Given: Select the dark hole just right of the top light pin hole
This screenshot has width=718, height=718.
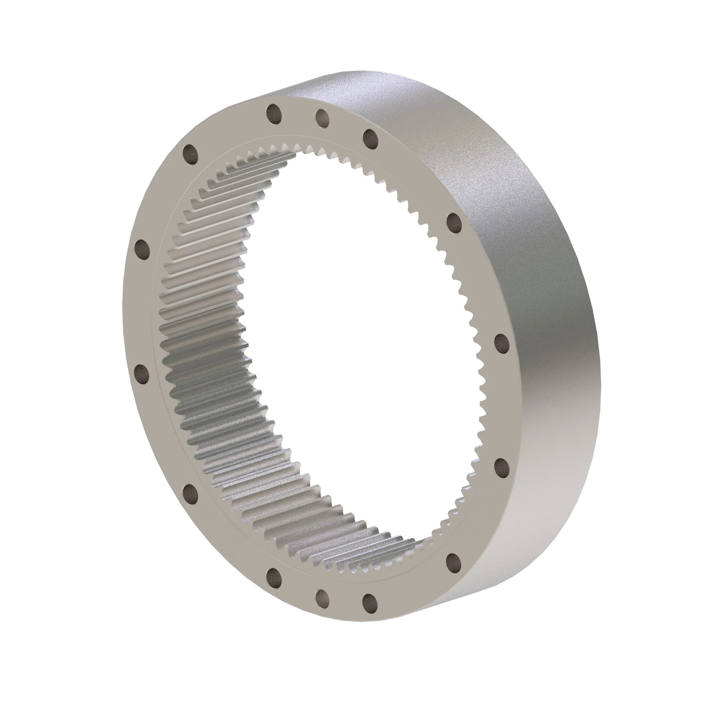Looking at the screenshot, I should coord(370,139).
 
